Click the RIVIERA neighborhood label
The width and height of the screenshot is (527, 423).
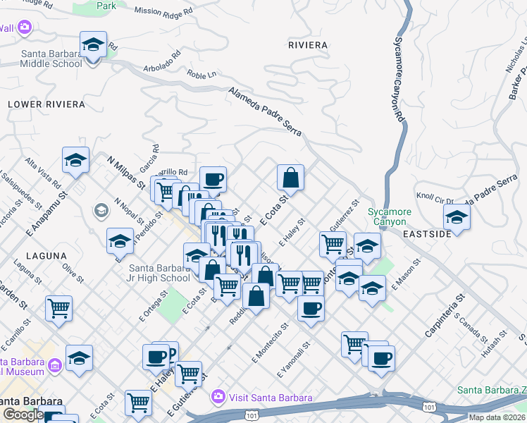pyautogui.click(x=308, y=45)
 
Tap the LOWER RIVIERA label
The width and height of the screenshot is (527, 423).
pyautogui.click(x=46, y=104)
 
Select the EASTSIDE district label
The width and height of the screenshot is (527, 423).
pyautogui.click(x=426, y=233)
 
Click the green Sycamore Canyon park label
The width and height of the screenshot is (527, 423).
pyautogui.click(x=389, y=216)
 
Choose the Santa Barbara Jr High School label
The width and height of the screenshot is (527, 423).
pyautogui.click(x=159, y=273)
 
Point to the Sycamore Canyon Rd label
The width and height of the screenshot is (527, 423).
pyautogui.click(x=398, y=78)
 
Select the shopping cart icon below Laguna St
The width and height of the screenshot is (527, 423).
pyautogui.click(x=59, y=307)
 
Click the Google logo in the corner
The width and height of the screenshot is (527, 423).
pyautogui.click(x=23, y=414)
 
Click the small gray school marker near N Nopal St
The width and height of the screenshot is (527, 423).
pyautogui.click(x=101, y=210)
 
